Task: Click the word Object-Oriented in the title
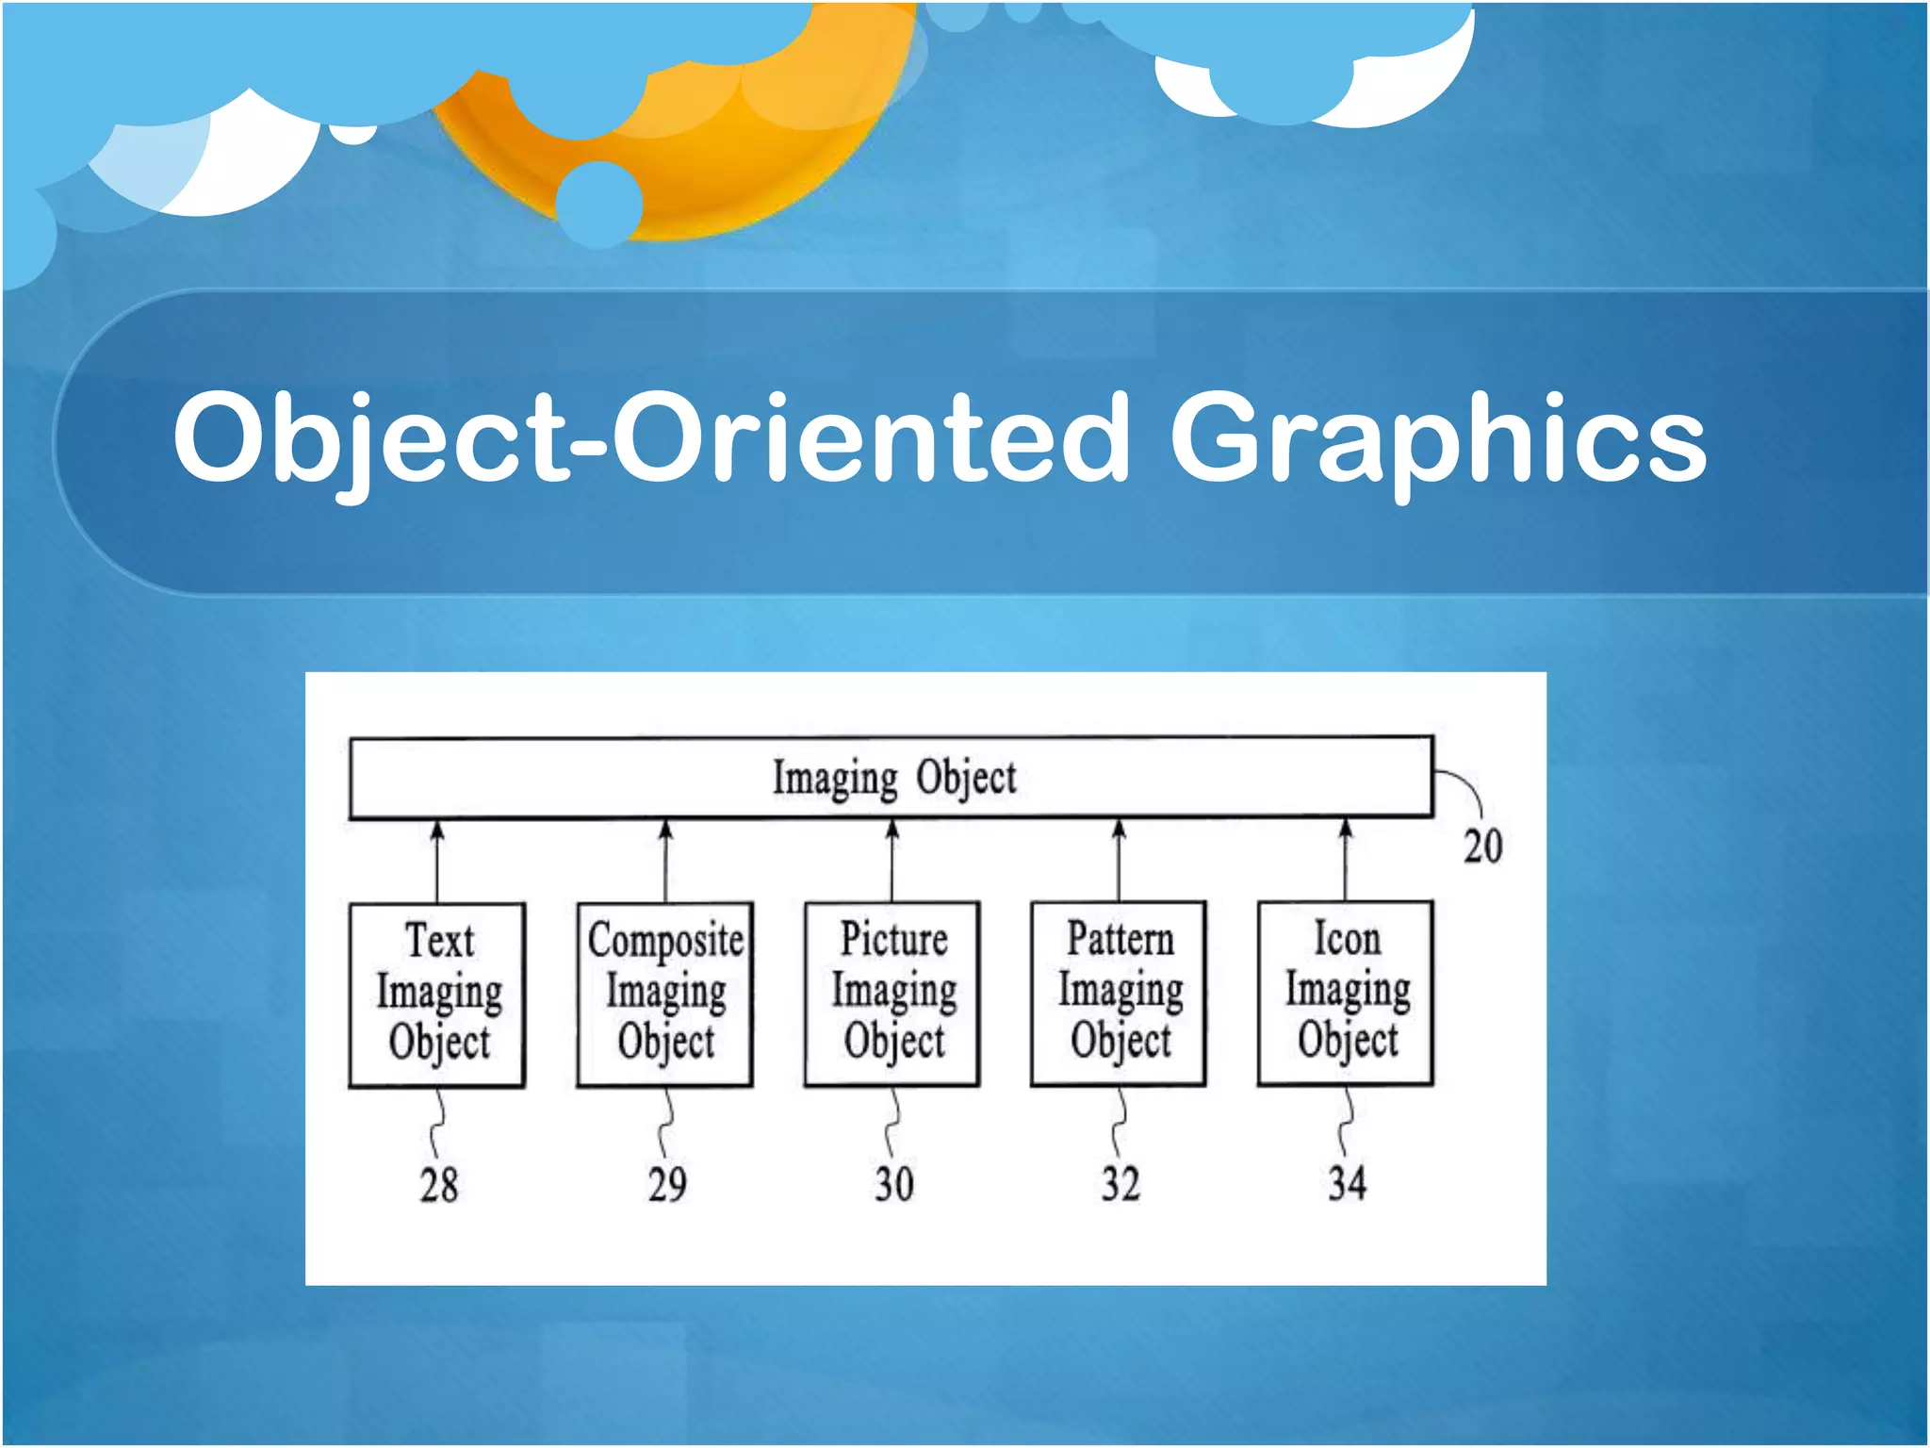pyautogui.click(x=650, y=439)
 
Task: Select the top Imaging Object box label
pyautogui.click(x=893, y=779)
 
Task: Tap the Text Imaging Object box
pyautogui.click(x=437, y=994)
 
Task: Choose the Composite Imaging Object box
pyautogui.click(x=665, y=994)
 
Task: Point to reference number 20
pyautogui.click(x=1481, y=846)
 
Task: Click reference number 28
pyautogui.click(x=439, y=1185)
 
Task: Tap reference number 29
pyautogui.click(x=667, y=1185)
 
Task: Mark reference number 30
pyautogui.click(x=893, y=1184)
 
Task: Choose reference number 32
pyautogui.click(x=1120, y=1184)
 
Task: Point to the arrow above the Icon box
pyautogui.click(x=1346, y=858)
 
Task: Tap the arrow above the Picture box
pyautogui.click(x=892, y=859)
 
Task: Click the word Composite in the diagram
pyautogui.click(x=665, y=941)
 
